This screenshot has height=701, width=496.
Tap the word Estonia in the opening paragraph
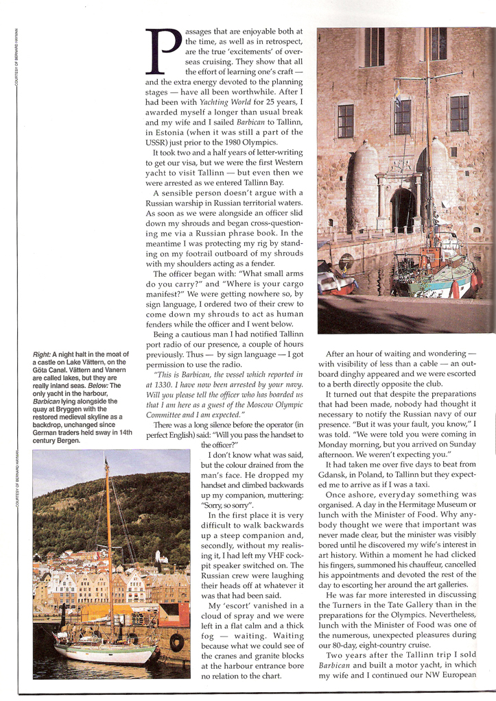171,131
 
